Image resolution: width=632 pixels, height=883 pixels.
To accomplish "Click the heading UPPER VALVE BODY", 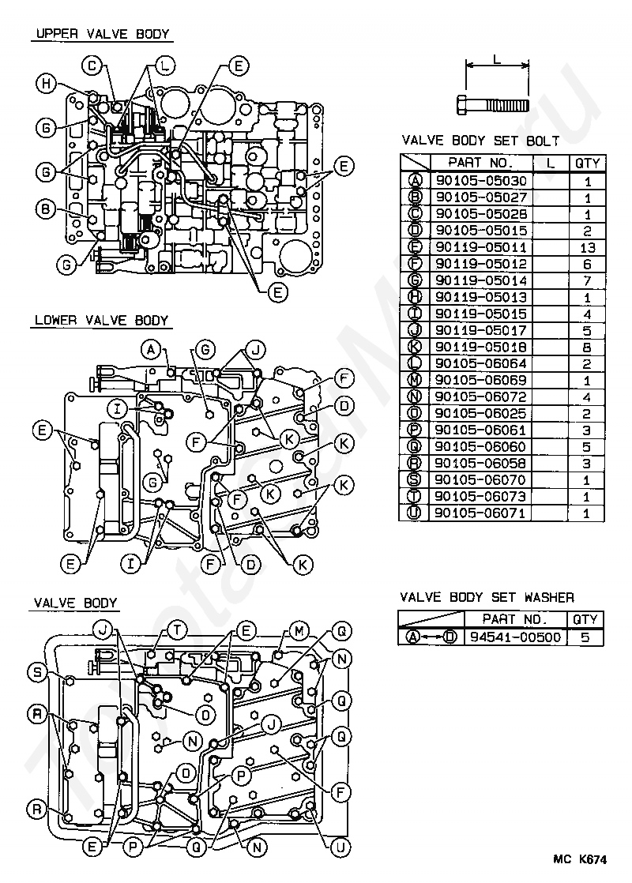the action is tap(103, 34).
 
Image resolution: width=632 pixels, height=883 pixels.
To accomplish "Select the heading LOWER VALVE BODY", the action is tap(102, 321).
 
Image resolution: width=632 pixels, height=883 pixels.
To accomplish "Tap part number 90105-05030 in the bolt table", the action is tap(481, 181).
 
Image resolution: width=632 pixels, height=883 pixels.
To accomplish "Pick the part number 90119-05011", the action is tap(481, 247).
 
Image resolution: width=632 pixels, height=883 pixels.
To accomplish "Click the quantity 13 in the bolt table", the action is tap(588, 247).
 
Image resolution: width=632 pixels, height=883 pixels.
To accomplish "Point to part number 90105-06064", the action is tap(481, 363).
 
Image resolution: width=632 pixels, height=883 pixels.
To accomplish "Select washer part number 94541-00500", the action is tap(515, 637).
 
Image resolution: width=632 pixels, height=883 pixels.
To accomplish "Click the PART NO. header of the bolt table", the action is tap(480, 163).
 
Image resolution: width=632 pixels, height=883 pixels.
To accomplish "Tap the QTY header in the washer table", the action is tap(585, 619).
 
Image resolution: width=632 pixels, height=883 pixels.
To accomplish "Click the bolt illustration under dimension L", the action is tap(492, 105).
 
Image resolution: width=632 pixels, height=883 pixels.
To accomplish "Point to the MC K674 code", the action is tap(580, 859).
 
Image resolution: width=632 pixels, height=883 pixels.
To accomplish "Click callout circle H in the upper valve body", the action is tap(46, 84).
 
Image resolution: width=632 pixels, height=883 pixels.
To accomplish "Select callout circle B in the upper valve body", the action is tap(46, 209).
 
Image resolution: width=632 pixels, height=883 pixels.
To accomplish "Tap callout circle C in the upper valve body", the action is tap(92, 66).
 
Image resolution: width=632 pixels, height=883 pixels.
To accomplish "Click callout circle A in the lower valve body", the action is tap(151, 350).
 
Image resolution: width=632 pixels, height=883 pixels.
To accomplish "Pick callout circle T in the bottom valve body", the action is tap(178, 630).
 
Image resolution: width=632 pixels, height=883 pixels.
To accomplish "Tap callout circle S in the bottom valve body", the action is tap(37, 672).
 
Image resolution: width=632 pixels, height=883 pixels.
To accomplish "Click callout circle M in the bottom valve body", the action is tap(299, 631).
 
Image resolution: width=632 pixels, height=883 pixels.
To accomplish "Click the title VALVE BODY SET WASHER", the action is tap(487, 597).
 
